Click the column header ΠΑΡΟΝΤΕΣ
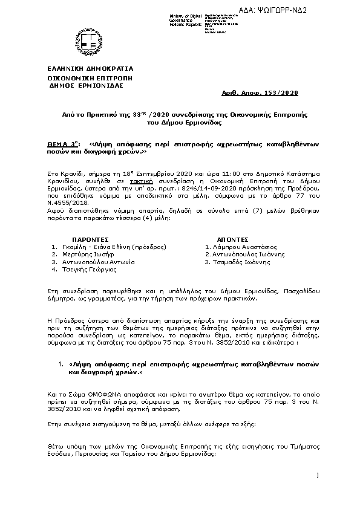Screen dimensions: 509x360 pos(87,239)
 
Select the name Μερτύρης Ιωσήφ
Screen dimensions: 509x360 pos(86,254)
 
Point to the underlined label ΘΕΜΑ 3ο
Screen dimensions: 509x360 pos(63,144)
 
